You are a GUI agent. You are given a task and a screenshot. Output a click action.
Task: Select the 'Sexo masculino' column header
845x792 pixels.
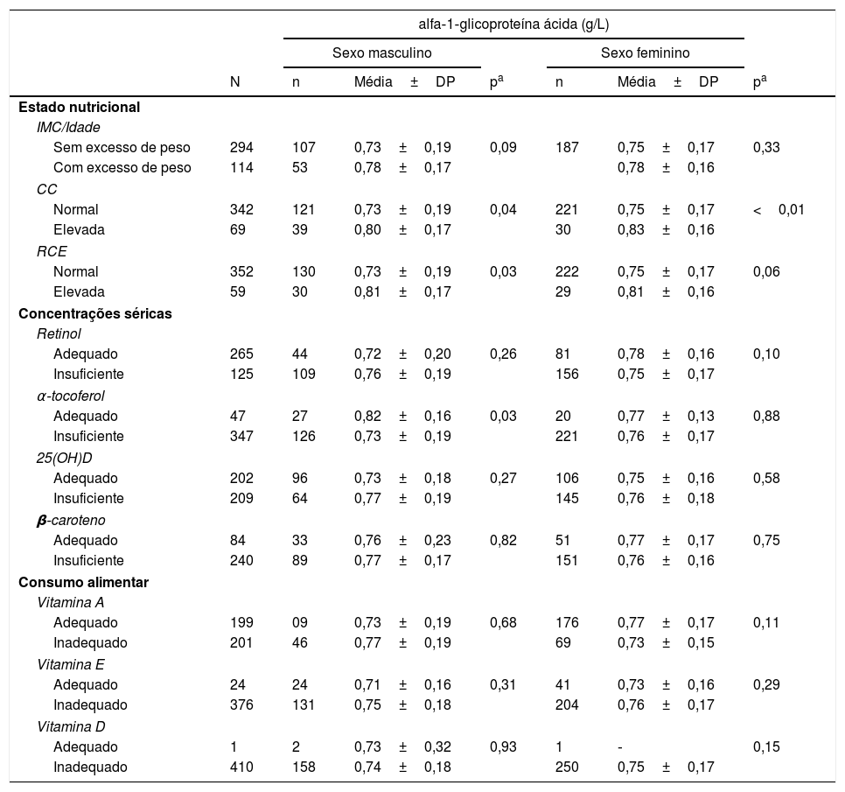381,53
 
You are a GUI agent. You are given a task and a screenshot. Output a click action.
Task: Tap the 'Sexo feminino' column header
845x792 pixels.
645,53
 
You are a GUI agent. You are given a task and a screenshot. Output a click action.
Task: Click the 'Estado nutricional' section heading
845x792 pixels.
79,107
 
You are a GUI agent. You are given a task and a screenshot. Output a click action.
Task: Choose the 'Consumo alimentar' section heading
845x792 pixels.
83,582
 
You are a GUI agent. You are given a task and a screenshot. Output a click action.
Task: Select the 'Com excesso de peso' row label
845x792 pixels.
122,168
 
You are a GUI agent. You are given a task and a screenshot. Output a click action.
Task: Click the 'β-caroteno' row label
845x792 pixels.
71,520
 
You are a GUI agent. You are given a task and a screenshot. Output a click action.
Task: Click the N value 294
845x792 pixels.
241,148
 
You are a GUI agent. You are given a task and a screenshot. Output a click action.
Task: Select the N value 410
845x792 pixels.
241,767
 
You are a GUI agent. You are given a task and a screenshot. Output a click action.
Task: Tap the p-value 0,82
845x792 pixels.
503,541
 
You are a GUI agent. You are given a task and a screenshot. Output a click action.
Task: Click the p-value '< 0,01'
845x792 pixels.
779,210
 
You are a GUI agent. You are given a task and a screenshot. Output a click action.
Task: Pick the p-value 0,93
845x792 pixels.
503,747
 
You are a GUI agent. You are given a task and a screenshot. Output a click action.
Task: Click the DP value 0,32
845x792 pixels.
437,747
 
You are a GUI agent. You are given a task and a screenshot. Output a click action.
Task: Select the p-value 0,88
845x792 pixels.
766,417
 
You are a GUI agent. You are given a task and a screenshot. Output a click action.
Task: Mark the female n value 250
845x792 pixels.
567,767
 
